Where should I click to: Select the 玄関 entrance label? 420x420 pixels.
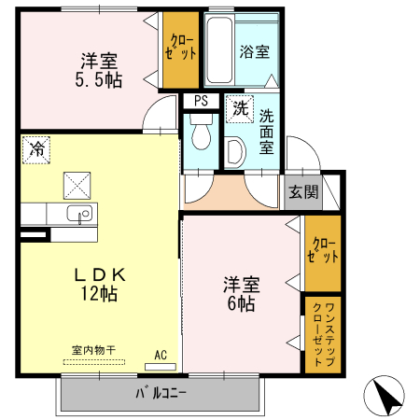pos(301,192)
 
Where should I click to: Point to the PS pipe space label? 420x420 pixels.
pos(200,101)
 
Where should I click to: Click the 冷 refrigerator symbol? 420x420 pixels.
pos(36,148)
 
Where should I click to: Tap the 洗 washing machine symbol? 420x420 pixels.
pos(241,107)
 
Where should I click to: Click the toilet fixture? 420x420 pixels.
pos(199,138)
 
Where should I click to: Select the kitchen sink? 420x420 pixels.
pos(79,215)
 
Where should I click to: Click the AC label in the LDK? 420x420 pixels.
pos(161,355)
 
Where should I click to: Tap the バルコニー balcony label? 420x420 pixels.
pos(161,393)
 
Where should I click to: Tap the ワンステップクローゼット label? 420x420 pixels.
pos(322,333)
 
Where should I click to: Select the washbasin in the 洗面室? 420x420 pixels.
pos(236,150)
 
